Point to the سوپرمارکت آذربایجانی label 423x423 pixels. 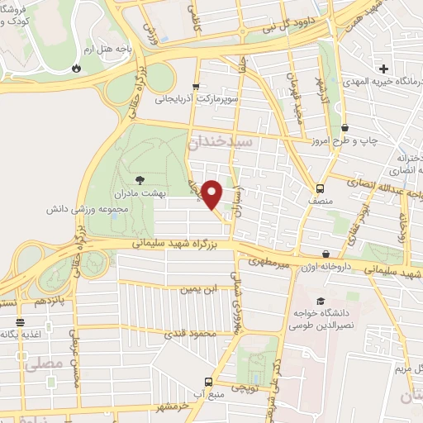[197, 98]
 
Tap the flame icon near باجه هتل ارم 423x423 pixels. [76, 67]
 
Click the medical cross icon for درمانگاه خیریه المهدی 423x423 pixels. [383, 68]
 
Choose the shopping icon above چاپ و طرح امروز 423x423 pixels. [344, 127]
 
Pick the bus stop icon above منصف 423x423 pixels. [321, 187]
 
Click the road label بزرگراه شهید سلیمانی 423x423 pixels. [177, 245]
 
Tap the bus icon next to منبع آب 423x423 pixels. [208, 383]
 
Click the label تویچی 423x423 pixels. [246, 387]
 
